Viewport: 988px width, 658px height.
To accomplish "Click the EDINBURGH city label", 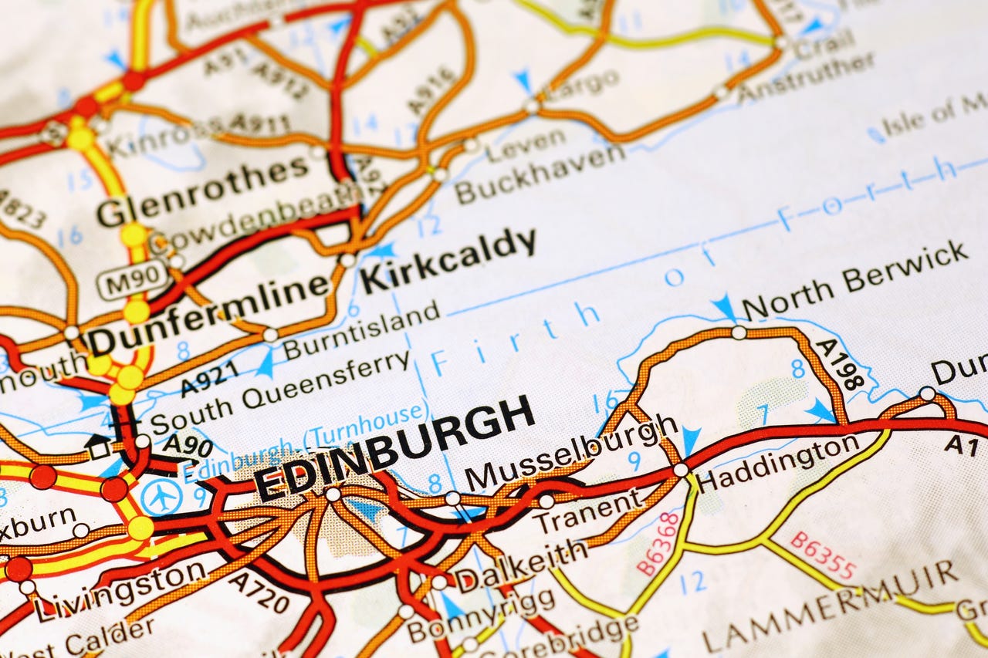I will pyautogui.click(x=394, y=449).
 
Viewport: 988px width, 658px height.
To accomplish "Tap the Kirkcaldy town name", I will pyautogui.click(x=448, y=260).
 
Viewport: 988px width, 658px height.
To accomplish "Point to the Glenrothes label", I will pyautogui.click(x=202, y=188).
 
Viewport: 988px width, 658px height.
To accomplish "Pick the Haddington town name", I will pyautogui.click(x=777, y=463).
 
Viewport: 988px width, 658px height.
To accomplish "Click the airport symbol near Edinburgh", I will pyautogui.click(x=162, y=498).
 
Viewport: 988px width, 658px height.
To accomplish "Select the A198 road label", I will pyautogui.click(x=840, y=364).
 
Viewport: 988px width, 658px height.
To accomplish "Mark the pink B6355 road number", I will pyautogui.click(x=823, y=555).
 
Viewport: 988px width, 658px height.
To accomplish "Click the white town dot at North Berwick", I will pyautogui.click(x=739, y=332).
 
